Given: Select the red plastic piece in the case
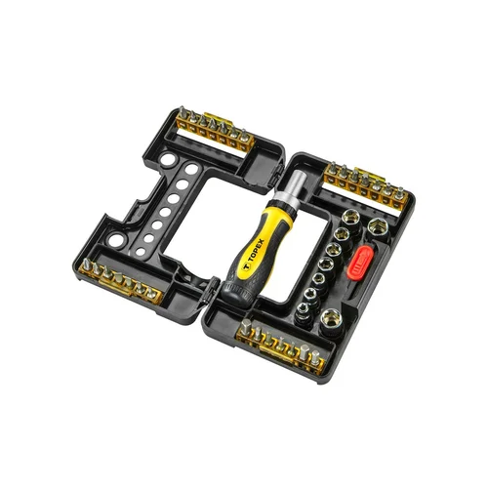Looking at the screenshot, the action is point(360,263).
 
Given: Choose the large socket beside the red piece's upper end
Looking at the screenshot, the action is point(379,227).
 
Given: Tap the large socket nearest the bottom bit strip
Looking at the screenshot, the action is point(332,321).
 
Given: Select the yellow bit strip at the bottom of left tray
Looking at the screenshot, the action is point(120,281).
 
